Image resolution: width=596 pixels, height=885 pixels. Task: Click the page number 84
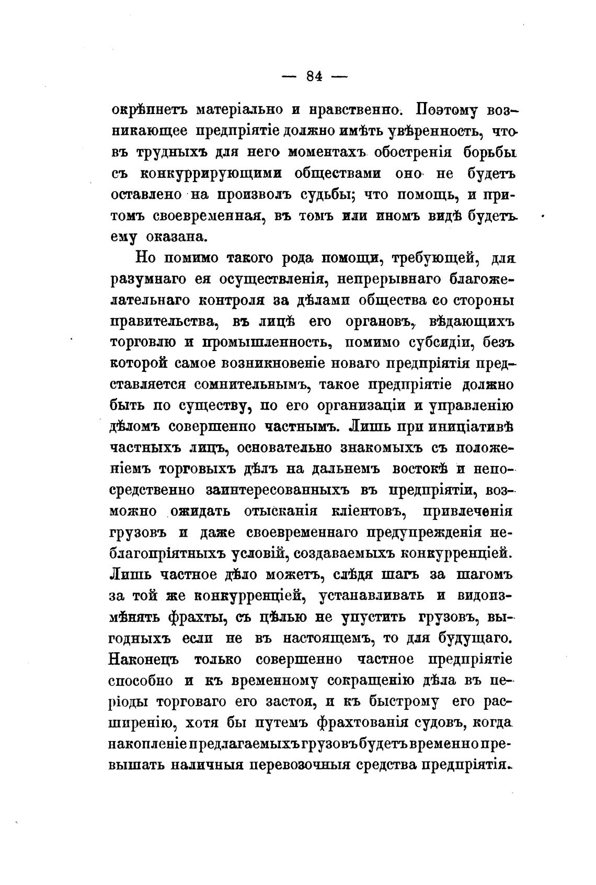314,76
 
